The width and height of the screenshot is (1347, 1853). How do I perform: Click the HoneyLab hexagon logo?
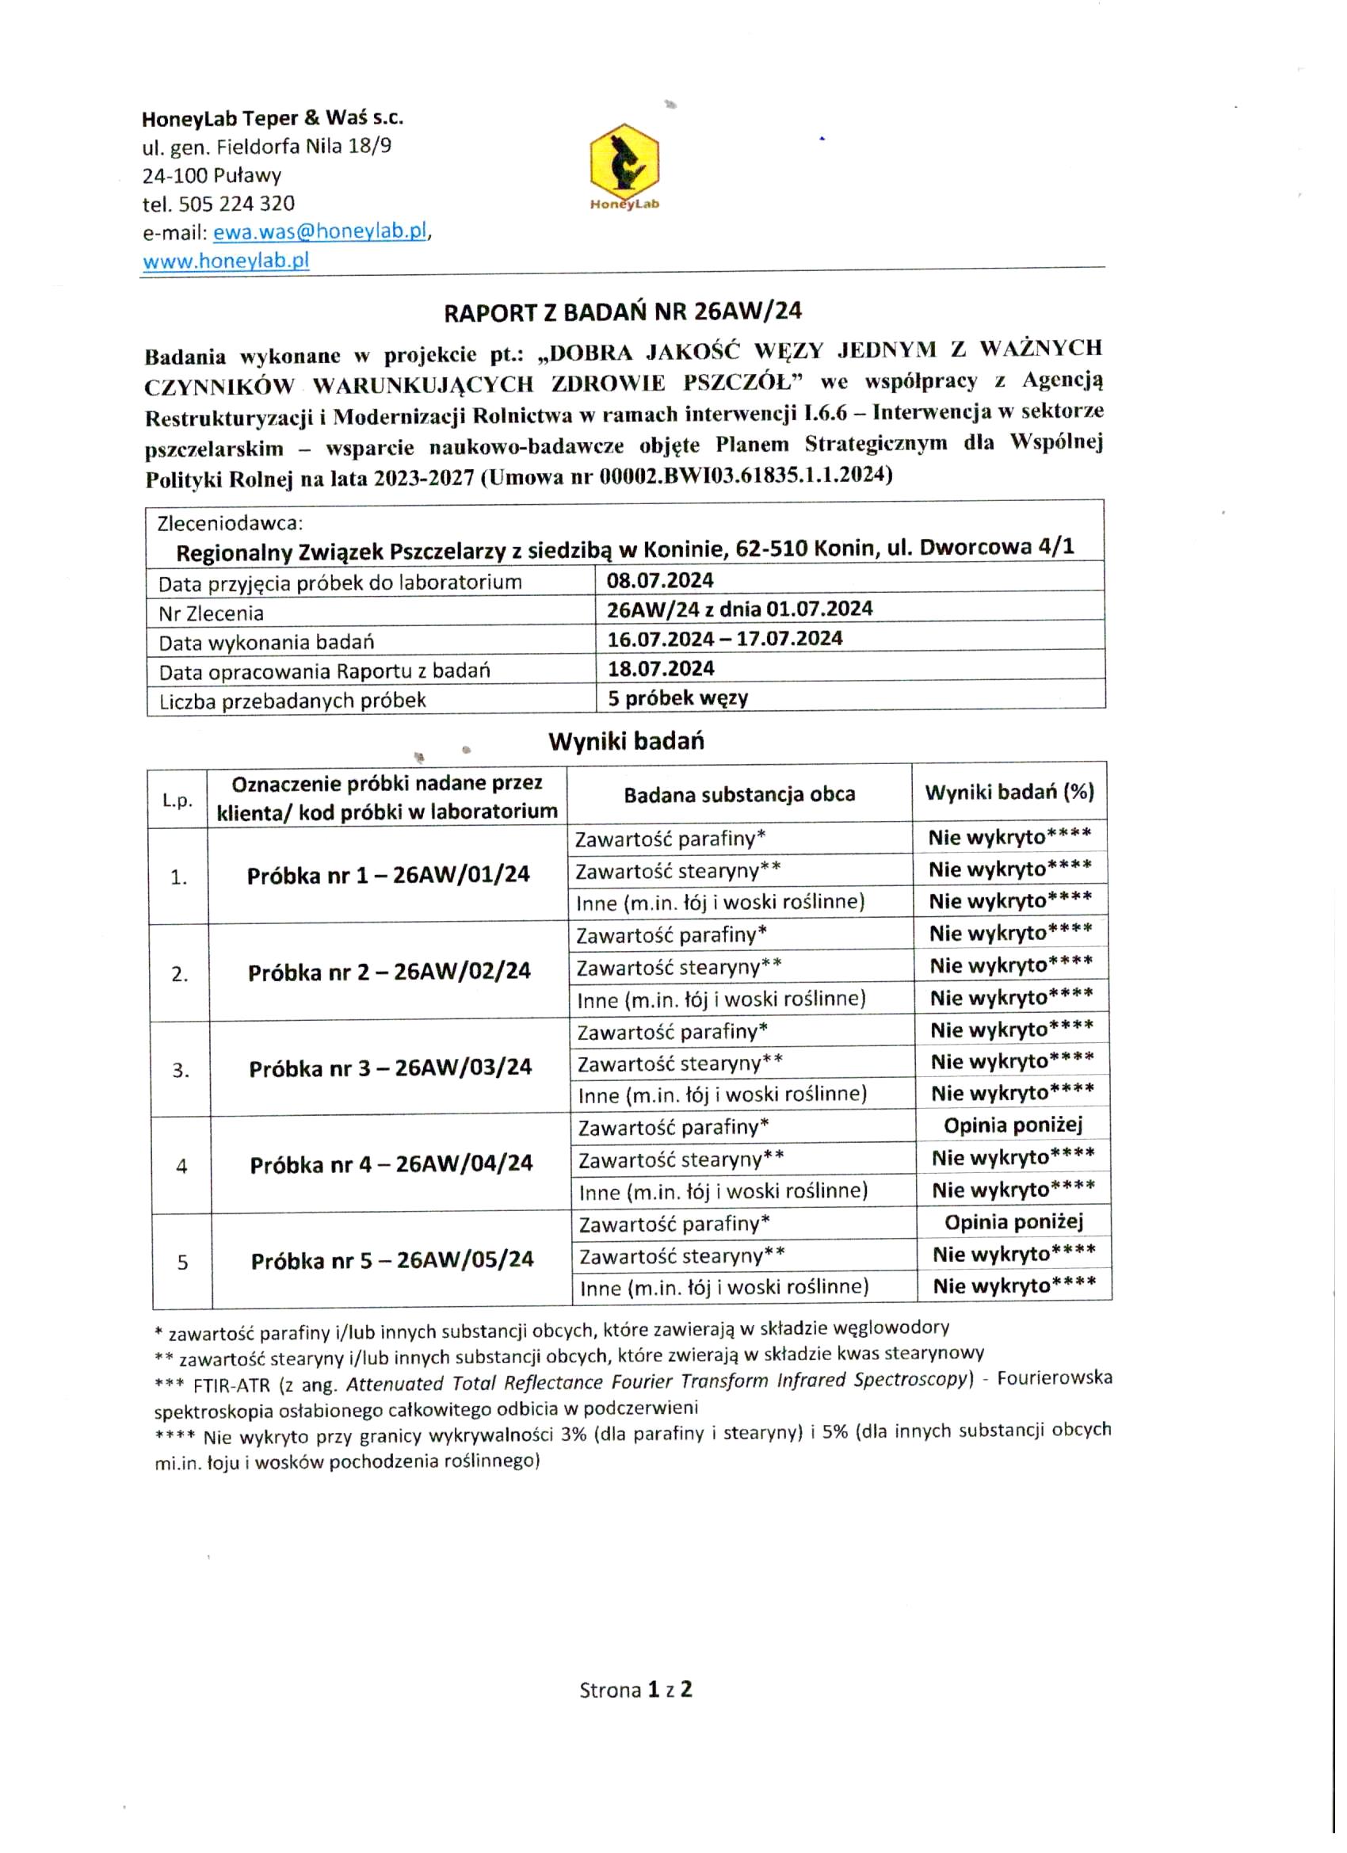[x=624, y=160]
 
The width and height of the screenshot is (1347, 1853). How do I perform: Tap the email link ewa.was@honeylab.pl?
[x=320, y=232]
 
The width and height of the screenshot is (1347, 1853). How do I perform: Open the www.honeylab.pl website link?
[x=227, y=262]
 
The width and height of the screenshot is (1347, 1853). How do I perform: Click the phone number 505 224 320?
[x=236, y=204]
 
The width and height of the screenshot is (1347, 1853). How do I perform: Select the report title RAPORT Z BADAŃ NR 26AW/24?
[x=623, y=311]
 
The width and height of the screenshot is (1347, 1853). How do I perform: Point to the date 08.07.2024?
[x=660, y=581]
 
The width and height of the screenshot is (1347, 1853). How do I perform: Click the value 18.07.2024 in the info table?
[x=661, y=669]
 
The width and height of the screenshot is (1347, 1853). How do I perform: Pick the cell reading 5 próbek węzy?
[x=678, y=698]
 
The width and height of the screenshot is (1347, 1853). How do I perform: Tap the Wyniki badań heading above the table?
[x=626, y=741]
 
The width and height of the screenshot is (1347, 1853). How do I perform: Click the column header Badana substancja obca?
[x=739, y=795]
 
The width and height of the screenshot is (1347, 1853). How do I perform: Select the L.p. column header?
[x=177, y=800]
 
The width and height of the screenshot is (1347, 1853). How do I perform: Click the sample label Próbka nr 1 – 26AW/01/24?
[x=388, y=876]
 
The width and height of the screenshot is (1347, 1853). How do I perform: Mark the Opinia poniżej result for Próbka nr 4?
[x=1013, y=1126]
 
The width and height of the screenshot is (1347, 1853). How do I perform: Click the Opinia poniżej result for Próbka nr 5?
[x=1013, y=1222]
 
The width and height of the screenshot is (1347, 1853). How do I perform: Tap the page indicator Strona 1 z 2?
[x=635, y=1690]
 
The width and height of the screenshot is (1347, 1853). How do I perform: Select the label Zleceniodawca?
[x=231, y=524]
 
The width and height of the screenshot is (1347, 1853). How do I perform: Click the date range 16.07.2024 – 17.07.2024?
[x=724, y=639]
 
